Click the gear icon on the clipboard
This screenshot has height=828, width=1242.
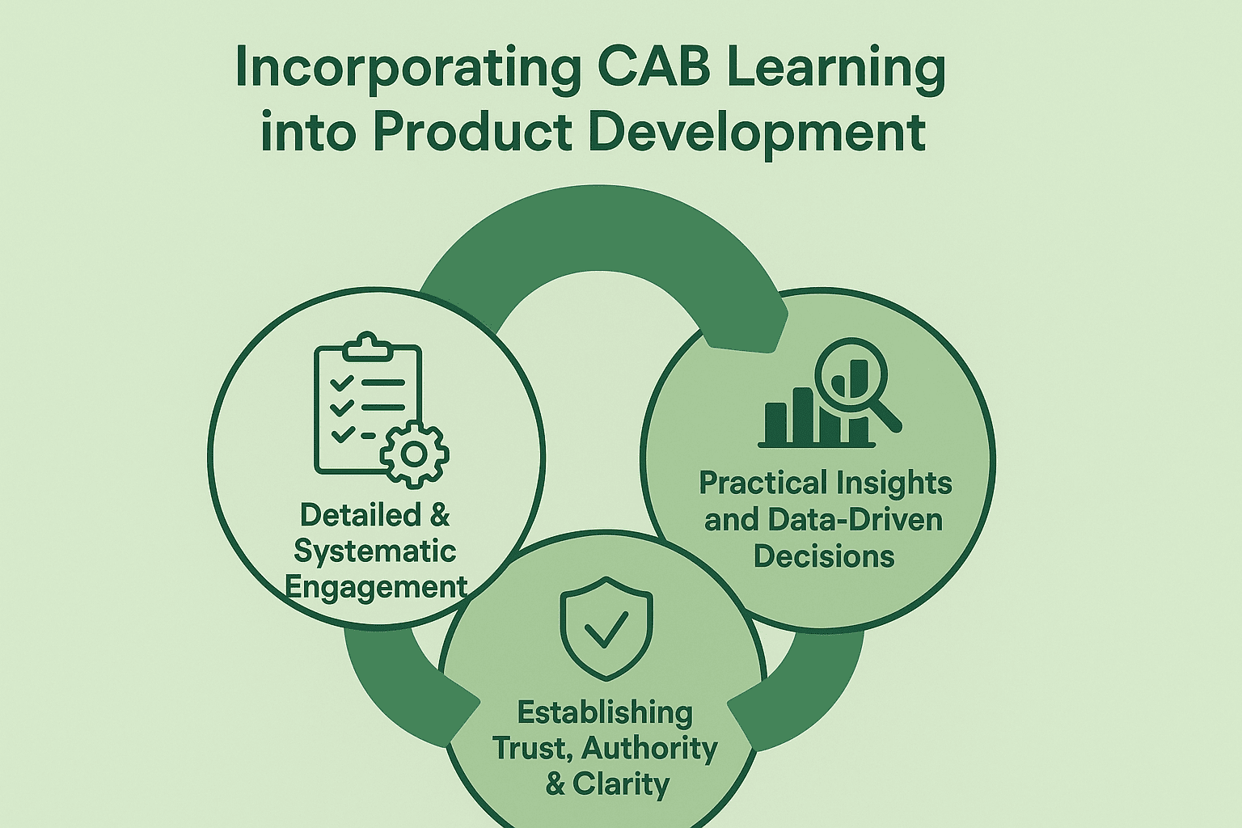click(x=414, y=454)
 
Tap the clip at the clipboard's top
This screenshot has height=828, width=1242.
click(x=368, y=346)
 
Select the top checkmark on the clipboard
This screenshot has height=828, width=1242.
click(x=341, y=382)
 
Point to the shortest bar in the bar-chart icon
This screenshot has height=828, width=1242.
click(x=775, y=423)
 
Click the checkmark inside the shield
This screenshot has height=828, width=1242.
click(x=606, y=629)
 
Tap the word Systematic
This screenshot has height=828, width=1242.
click(x=375, y=551)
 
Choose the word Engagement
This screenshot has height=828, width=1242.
click(x=377, y=587)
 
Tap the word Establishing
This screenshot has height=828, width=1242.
click(x=605, y=714)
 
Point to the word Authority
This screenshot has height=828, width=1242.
click(x=650, y=750)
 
